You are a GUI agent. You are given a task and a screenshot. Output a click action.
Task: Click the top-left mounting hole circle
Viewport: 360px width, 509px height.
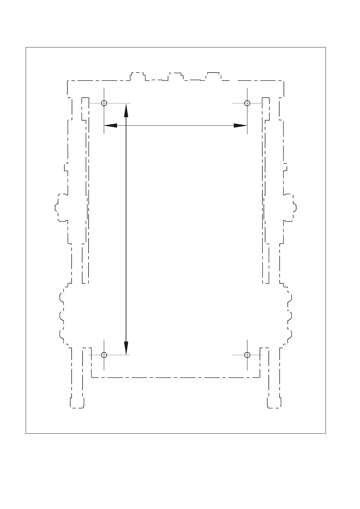pos(104,103)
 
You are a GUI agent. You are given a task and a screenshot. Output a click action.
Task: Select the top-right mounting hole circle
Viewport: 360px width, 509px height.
pos(247,103)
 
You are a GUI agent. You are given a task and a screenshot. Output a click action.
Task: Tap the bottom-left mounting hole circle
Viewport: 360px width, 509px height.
pos(104,355)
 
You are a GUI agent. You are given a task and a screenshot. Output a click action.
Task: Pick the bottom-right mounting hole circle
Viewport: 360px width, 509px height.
pos(247,355)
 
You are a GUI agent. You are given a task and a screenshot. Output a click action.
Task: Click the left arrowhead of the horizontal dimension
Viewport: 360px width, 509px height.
pos(110,125)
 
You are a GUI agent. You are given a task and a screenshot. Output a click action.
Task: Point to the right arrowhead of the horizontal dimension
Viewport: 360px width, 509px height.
pos(241,125)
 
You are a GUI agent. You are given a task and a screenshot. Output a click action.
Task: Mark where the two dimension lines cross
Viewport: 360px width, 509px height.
pos(126,125)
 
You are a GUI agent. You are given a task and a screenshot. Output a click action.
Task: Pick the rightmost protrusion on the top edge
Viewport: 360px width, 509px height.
pos(213,76)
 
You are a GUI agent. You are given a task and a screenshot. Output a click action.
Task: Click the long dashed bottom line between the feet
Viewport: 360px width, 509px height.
pos(175,378)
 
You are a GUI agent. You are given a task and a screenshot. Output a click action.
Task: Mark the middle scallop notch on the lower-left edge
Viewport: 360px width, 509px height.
pos(61,316)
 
